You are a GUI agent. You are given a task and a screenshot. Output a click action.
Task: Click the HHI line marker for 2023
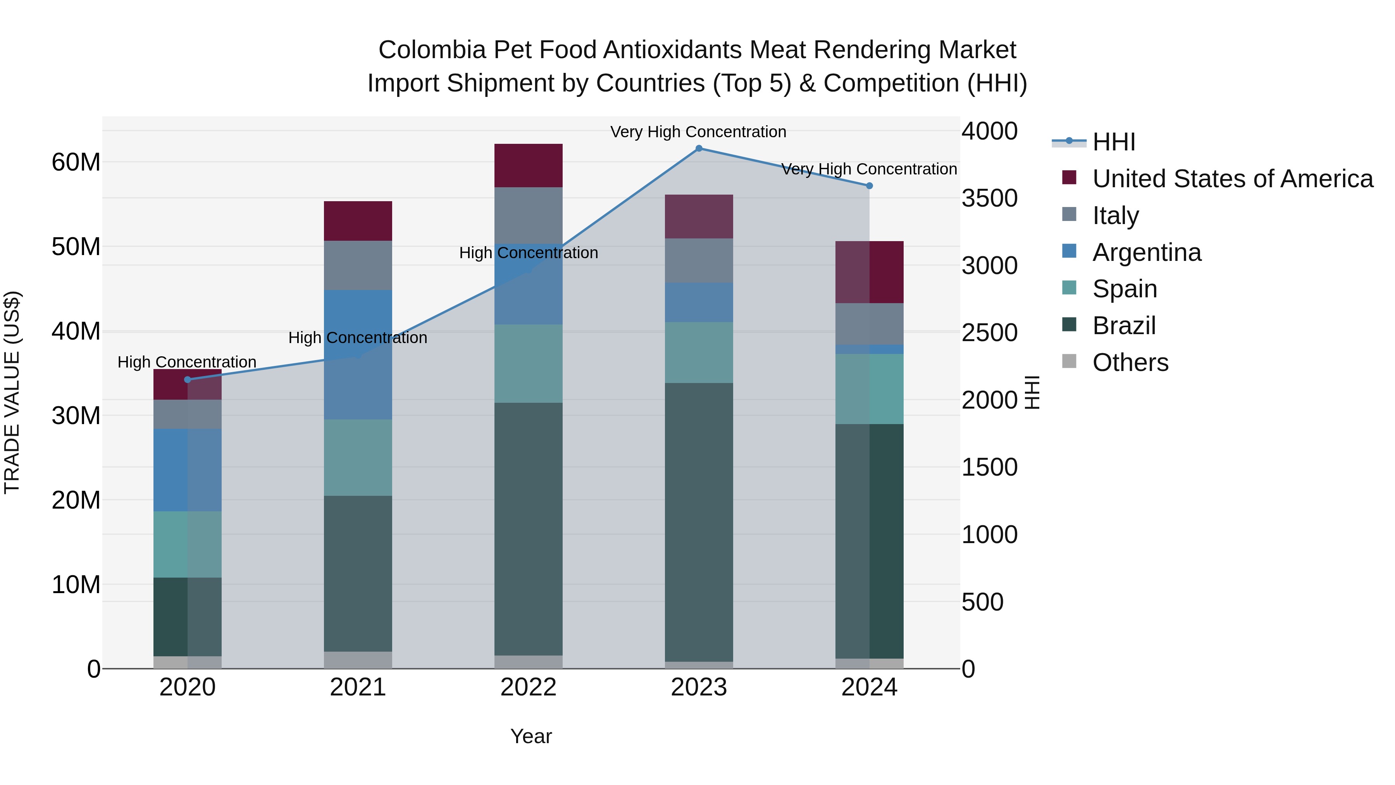pyautogui.click(x=699, y=148)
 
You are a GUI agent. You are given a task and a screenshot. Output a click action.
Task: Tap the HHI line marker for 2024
pyautogui.click(x=869, y=186)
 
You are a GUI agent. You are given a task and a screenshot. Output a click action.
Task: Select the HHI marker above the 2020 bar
pyautogui.click(x=188, y=380)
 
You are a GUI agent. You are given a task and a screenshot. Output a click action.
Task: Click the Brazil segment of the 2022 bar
pyautogui.click(x=528, y=528)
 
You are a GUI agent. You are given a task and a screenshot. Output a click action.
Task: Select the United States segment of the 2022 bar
pyautogui.click(x=528, y=166)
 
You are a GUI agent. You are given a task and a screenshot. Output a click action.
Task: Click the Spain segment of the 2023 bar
pyautogui.click(x=699, y=353)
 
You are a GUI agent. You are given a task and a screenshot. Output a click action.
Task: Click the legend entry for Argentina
pyautogui.click(x=1147, y=252)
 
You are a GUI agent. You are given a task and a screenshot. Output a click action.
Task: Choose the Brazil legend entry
pyautogui.click(x=1124, y=326)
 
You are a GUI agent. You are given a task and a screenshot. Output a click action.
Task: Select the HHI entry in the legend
pyautogui.click(x=1113, y=142)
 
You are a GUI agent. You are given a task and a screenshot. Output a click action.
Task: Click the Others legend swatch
pyautogui.click(x=1069, y=361)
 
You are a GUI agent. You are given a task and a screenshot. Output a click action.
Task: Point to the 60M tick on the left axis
pyautogui.click(x=76, y=162)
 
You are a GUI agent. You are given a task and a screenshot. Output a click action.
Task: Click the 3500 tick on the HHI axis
pyautogui.click(x=989, y=198)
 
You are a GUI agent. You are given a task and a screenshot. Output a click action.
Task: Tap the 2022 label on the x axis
pyautogui.click(x=528, y=687)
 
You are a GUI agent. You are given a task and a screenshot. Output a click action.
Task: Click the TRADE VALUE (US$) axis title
pyautogui.click(x=12, y=392)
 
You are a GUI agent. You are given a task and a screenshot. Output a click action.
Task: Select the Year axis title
pyautogui.click(x=531, y=736)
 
